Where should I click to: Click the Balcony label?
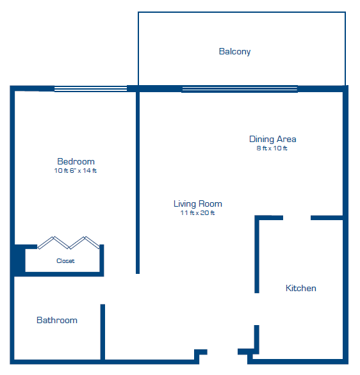234,51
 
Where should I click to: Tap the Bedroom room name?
76,161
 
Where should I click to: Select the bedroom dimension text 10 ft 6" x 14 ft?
76,170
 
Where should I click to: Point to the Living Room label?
198,203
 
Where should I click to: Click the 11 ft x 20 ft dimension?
197,213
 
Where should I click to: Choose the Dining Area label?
273,140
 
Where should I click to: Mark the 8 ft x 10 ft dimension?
272,148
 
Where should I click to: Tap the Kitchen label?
301,288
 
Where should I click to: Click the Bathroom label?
57,320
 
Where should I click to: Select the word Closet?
65,261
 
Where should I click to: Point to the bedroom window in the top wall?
91,89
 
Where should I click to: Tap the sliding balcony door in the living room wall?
240,89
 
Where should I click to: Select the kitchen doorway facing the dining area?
297,218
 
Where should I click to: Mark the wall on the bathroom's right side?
102,332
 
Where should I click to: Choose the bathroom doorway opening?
102,291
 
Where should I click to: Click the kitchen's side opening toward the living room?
257,309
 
